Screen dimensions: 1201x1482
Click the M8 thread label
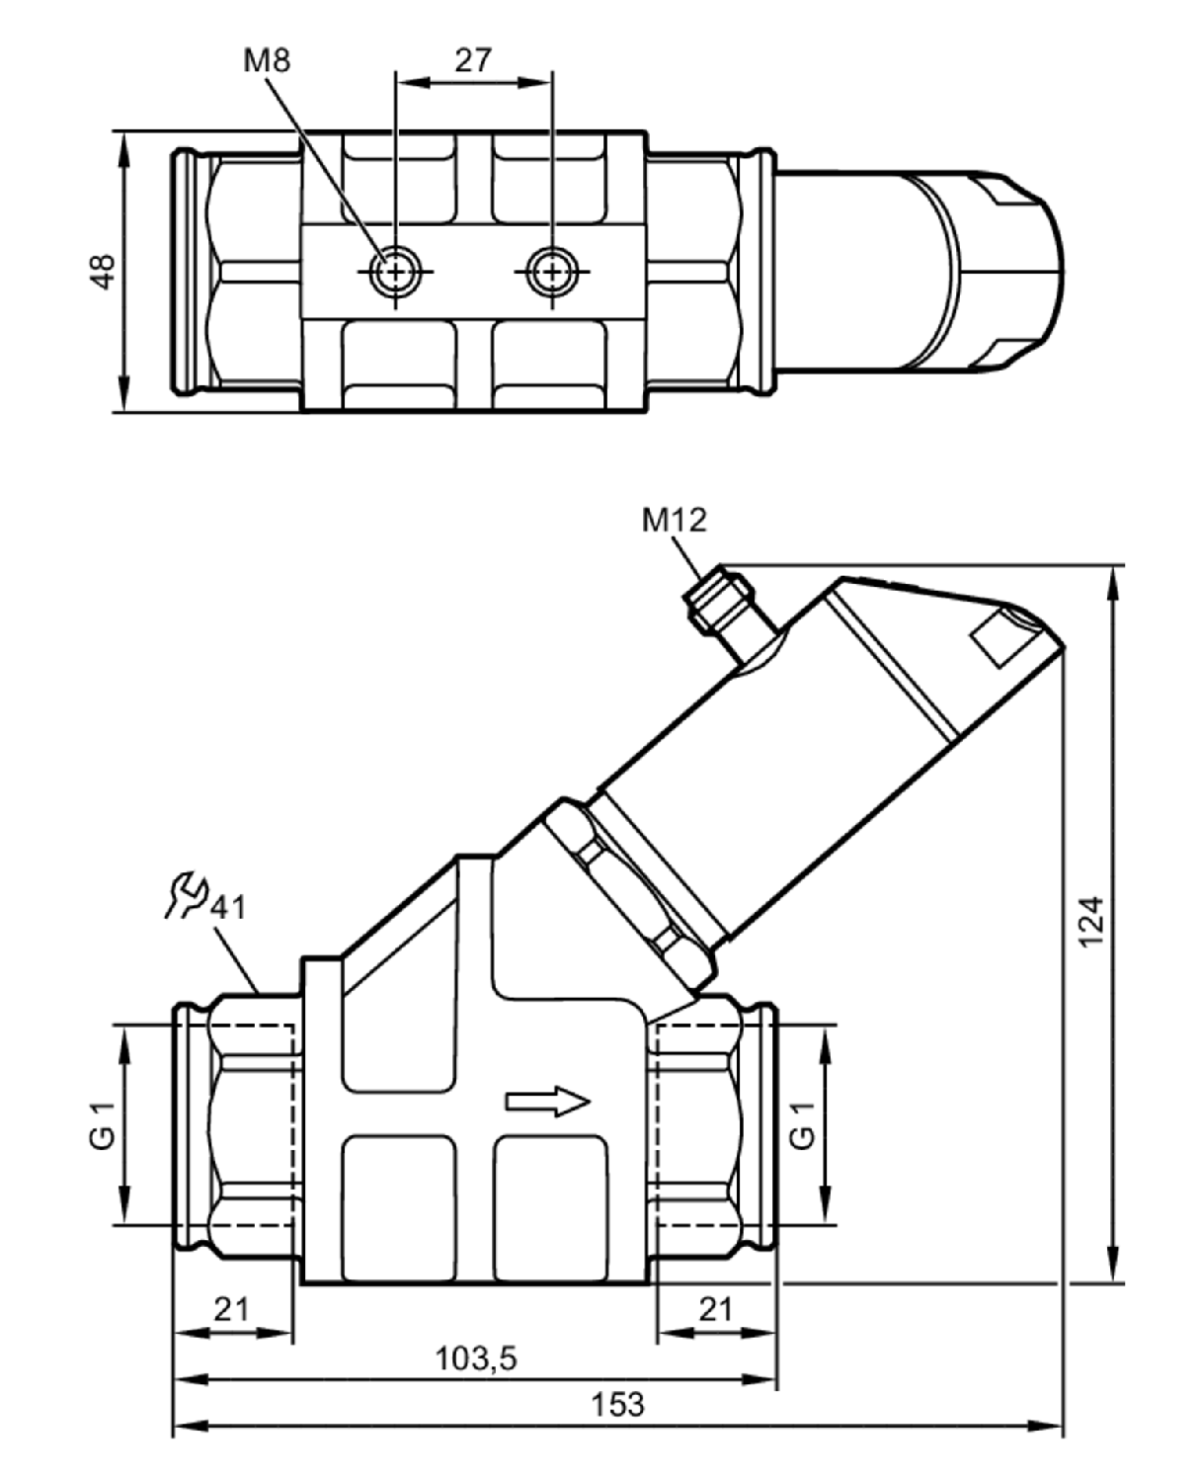[x=267, y=60]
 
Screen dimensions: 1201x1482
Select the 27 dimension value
[x=473, y=60]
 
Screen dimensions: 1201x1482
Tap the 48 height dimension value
[x=103, y=272]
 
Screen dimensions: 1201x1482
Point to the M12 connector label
[x=674, y=520]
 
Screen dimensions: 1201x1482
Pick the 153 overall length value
[x=617, y=1404]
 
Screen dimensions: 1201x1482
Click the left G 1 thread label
[x=103, y=1125]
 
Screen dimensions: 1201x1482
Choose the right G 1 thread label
[x=803, y=1125]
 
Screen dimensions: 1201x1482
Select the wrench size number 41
[x=228, y=908]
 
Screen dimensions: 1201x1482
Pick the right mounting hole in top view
[x=552, y=272]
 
